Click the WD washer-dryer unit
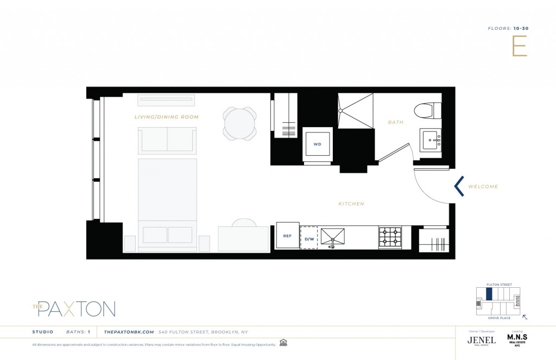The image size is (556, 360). pyautogui.click(x=317, y=144)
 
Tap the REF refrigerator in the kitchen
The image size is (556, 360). pyautogui.click(x=288, y=236)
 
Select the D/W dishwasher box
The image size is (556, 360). pyautogui.click(x=309, y=238)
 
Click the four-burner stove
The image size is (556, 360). pyautogui.click(x=390, y=237)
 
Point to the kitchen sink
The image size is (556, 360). pyautogui.click(x=332, y=237)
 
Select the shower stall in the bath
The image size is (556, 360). pyautogui.click(x=356, y=111)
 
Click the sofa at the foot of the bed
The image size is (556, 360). pyautogui.click(x=167, y=140)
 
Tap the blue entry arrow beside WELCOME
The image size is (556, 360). pyautogui.click(x=459, y=186)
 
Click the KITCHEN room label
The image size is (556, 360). pyautogui.click(x=351, y=204)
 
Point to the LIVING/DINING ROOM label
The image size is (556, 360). pyautogui.click(x=167, y=117)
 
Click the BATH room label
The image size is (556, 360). pyautogui.click(x=395, y=122)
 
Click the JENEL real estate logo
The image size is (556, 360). pyautogui.click(x=481, y=340)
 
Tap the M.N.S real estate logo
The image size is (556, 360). pyautogui.click(x=517, y=339)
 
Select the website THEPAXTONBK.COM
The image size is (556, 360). pyautogui.click(x=129, y=332)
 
